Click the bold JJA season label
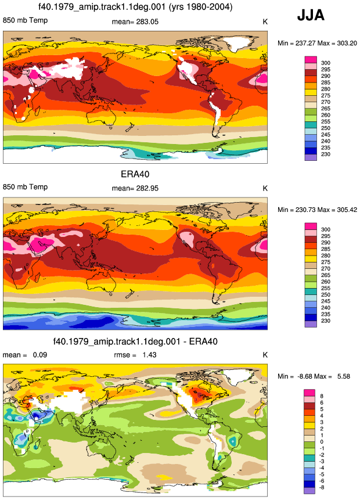point(311,15)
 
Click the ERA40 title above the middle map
point(135,174)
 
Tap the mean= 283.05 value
point(135,21)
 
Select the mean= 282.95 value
point(135,188)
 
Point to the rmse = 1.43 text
point(135,355)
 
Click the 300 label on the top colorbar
point(326,63)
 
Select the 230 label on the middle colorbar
point(326,321)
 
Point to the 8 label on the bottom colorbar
point(322,396)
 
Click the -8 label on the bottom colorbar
point(321,487)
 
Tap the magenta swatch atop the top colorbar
point(311,60)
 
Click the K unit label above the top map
point(265,21)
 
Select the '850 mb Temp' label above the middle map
point(25,187)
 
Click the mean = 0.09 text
point(25,355)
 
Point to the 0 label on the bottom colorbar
point(322,442)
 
